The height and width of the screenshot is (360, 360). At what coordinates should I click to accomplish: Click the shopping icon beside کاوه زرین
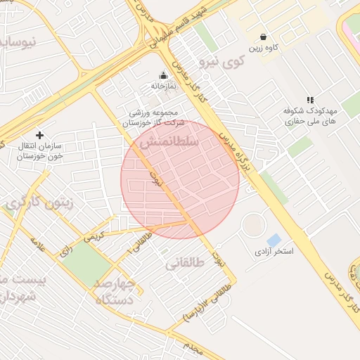(x=263, y=37)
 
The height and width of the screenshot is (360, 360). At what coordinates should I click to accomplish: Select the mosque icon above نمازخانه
(x=164, y=75)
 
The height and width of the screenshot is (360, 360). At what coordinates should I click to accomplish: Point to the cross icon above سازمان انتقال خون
(x=39, y=134)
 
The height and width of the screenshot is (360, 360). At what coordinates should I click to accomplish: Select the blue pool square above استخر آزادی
(x=274, y=240)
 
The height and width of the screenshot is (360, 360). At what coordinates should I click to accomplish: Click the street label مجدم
(x=193, y=346)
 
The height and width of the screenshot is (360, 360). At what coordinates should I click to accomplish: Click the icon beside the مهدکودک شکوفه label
(x=310, y=100)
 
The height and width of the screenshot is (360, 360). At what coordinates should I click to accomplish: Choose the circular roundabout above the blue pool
(x=254, y=224)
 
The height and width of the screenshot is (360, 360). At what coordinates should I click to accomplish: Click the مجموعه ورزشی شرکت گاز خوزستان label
(x=154, y=118)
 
